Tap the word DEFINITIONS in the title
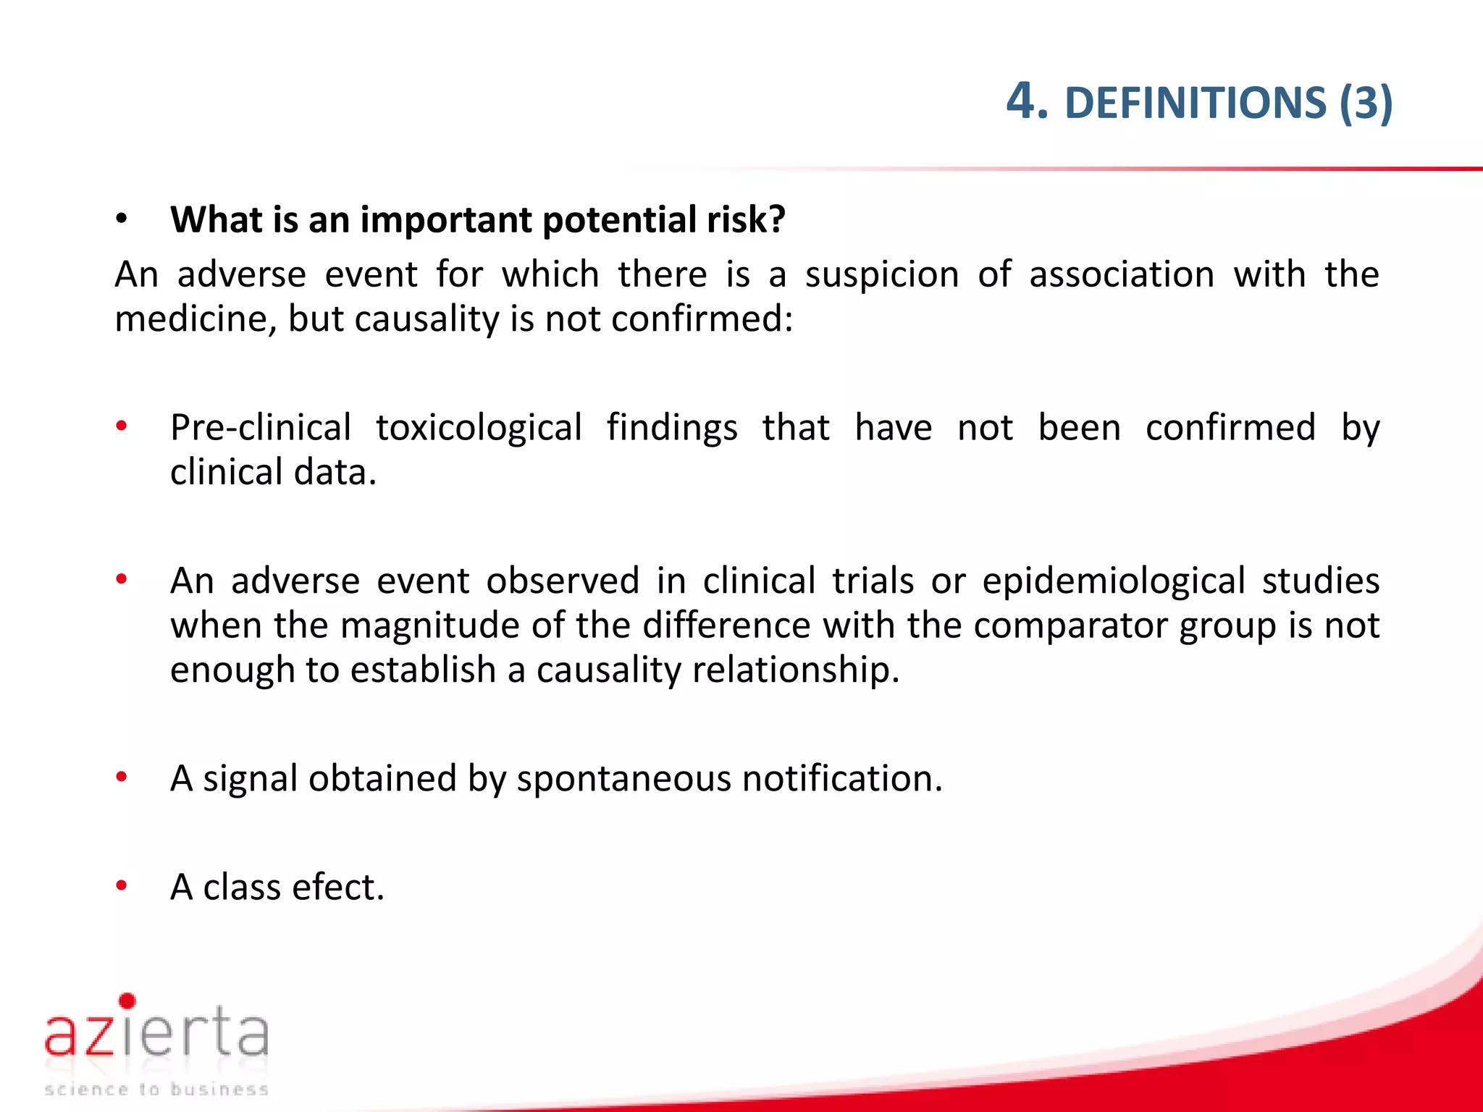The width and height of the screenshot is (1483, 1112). pos(1196,103)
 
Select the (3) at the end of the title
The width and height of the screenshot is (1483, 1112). pos(1366,103)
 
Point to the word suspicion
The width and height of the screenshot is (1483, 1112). pos(882,275)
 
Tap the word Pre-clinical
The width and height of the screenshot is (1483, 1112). pos(261,428)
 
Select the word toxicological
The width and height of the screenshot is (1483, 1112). pos(479,428)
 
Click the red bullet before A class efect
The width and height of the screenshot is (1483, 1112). pos(122,885)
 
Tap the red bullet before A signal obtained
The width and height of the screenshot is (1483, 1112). pos(122,777)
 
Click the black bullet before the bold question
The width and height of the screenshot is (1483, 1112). pos(122,218)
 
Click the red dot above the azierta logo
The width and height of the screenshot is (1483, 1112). pos(127,1001)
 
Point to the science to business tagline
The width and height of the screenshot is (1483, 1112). pos(156,1089)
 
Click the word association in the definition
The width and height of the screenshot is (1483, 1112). pos(1121,275)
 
